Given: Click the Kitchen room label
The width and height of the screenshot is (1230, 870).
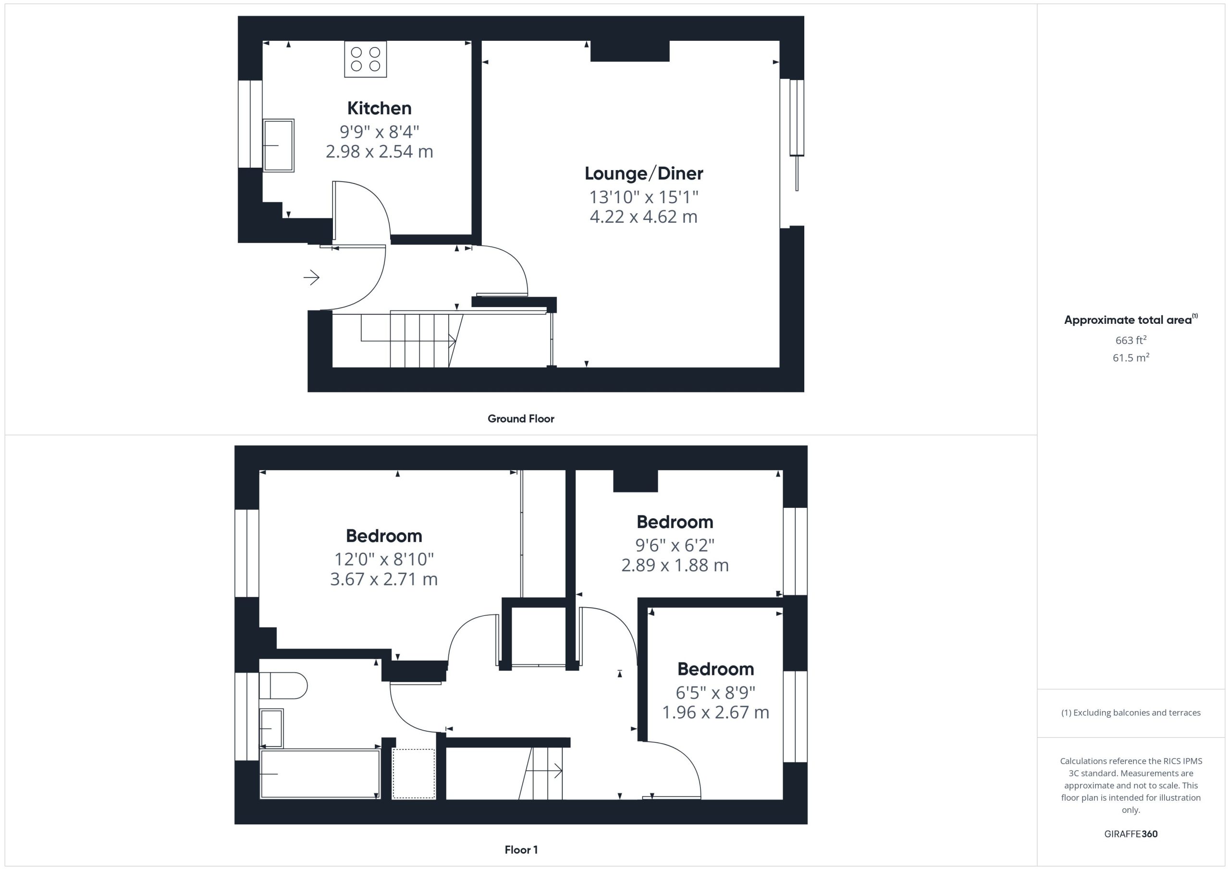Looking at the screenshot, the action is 379,108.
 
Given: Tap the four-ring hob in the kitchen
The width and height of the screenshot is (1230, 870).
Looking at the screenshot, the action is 365,59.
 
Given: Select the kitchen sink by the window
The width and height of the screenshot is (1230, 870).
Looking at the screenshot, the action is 279,145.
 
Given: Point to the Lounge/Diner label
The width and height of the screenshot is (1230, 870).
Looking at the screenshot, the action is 643,173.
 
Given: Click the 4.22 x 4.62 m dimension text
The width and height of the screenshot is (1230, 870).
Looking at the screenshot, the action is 643,217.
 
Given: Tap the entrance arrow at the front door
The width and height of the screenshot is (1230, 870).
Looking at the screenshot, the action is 311,278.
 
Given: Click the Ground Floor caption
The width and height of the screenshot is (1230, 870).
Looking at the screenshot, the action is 521,419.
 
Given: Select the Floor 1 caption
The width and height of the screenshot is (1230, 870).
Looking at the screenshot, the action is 521,850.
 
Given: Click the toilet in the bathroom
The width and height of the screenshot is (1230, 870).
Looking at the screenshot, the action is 283,686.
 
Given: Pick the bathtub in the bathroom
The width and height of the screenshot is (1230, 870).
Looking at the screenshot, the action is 320,774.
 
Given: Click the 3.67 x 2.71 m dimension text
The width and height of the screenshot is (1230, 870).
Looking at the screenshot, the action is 383,579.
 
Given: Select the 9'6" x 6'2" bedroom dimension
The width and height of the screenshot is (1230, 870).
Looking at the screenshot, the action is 675,545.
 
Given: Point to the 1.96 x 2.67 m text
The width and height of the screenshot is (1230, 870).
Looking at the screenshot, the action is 716,712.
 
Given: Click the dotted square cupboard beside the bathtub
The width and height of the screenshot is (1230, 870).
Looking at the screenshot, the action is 414,774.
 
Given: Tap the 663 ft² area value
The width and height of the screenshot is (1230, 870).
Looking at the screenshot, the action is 1131,340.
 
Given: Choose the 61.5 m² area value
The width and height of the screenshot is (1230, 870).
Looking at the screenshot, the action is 1131,357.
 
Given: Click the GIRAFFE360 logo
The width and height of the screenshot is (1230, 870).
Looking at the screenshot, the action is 1131,833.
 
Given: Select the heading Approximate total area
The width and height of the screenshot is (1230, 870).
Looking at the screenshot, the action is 1131,320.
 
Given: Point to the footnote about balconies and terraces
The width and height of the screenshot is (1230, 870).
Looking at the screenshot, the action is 1131,712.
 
